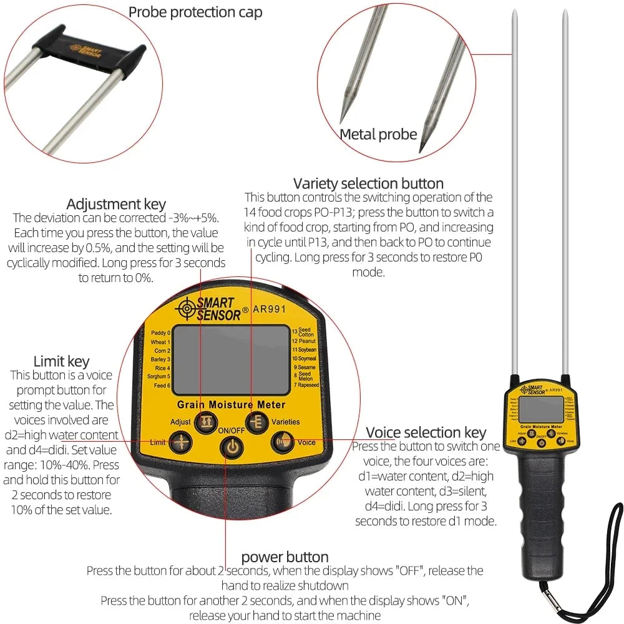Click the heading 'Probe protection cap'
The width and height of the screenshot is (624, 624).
[195, 12]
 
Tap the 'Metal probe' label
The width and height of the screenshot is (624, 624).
[378, 134]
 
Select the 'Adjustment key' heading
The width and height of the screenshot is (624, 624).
[116, 204]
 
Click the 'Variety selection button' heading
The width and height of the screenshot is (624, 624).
[368, 183]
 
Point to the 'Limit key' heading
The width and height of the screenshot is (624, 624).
[61, 361]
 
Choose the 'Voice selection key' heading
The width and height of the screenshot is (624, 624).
[426, 432]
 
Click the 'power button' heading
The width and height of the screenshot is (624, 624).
[285, 557]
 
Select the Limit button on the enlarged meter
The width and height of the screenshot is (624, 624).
[182, 442]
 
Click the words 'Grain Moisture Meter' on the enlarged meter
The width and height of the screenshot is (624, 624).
[230, 404]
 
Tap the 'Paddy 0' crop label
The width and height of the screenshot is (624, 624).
[160, 333]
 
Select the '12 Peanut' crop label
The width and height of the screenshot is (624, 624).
[304, 341]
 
